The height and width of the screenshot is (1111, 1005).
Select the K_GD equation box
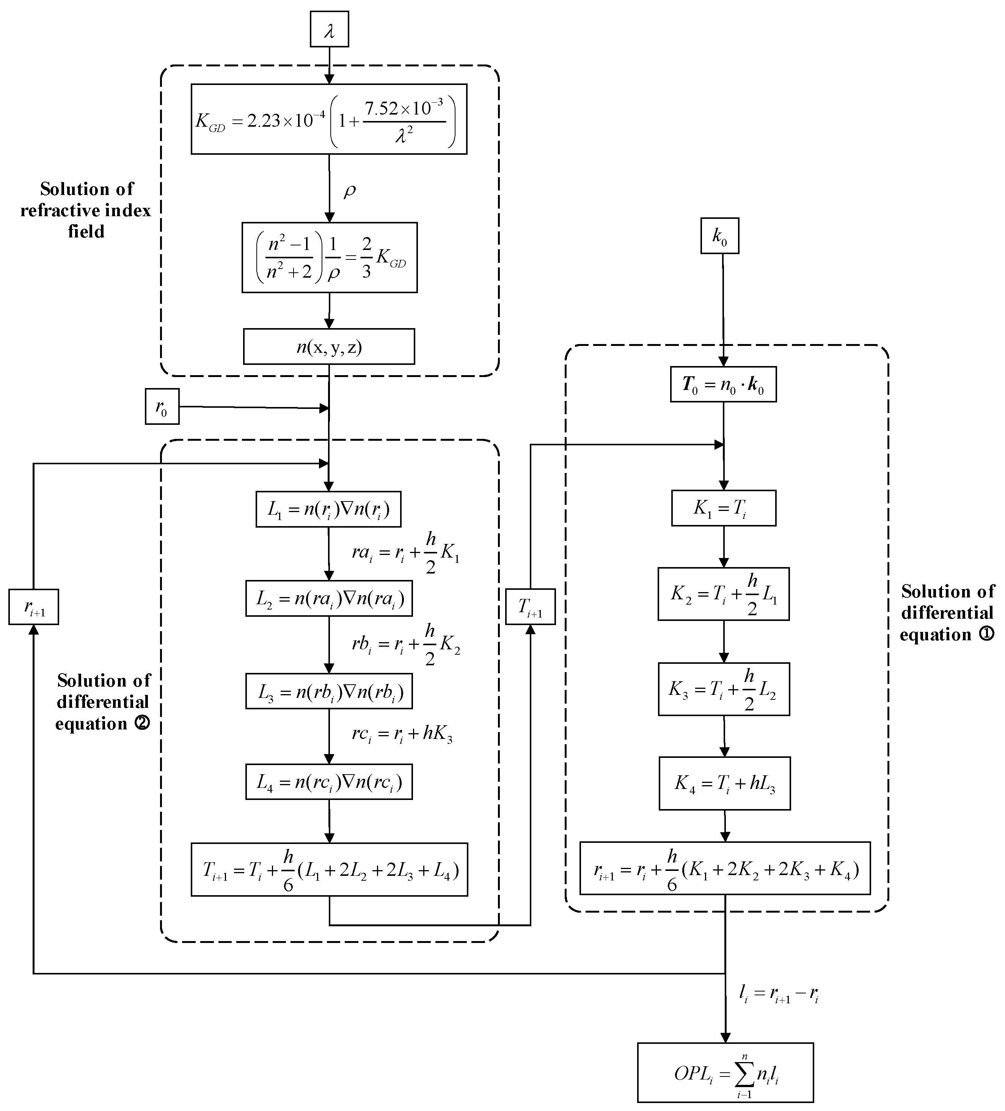(329, 119)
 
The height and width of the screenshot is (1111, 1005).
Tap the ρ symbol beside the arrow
(349, 191)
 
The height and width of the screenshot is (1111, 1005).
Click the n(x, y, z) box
(329, 347)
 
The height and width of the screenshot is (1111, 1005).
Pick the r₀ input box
(162, 407)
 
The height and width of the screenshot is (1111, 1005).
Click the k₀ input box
(719, 236)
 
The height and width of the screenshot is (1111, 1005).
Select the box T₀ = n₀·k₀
(723, 384)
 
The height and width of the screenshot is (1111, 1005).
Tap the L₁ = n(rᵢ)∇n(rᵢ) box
(328, 509)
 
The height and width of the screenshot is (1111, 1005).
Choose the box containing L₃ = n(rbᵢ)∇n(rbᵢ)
(329, 691)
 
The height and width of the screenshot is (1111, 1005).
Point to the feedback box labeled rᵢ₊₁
(34, 607)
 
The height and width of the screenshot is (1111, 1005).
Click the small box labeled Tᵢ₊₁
(530, 607)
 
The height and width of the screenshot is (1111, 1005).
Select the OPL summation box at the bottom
(725, 1072)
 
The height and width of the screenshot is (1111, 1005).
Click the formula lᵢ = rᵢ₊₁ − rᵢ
(779, 994)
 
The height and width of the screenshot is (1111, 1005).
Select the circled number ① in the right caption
(986, 634)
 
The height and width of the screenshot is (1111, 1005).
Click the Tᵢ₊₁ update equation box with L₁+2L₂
(329, 870)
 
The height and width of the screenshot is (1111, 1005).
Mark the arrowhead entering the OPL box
(725, 1037)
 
